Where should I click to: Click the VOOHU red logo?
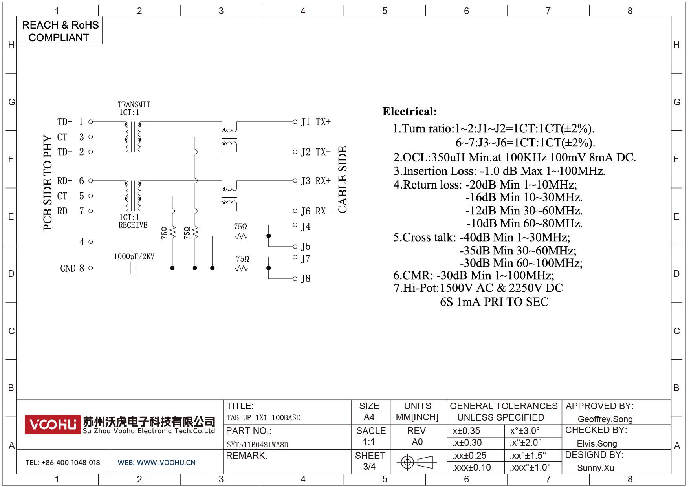tap(53, 425)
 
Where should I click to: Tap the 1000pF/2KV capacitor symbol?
tap(133, 268)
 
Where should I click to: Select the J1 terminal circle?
tap(295, 122)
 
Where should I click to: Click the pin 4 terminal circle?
tap(91, 242)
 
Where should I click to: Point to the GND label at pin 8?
tap(68, 268)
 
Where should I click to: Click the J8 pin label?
tap(306, 279)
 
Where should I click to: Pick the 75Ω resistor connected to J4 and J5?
tap(241, 236)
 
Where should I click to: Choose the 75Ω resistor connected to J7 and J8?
tap(242, 268)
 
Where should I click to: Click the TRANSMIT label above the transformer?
tap(134, 104)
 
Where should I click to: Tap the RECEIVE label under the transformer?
tap(133, 225)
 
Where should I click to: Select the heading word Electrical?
tap(409, 112)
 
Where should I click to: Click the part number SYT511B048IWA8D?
tap(257, 445)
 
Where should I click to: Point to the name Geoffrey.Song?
tap(605, 419)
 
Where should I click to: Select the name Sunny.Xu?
tap(595, 468)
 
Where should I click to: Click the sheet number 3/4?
tap(369, 467)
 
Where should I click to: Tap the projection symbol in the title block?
tap(416, 462)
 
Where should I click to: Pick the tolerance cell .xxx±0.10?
tap(471, 467)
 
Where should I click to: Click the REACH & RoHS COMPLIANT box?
tap(60, 31)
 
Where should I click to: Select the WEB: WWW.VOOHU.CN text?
tap(156, 463)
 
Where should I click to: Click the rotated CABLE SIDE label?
tap(343, 180)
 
